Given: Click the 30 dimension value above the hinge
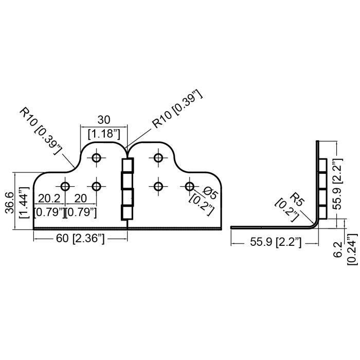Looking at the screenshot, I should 104,119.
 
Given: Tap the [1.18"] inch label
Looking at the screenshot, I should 104,134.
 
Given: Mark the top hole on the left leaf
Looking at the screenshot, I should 96,158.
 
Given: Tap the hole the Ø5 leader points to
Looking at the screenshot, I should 190,186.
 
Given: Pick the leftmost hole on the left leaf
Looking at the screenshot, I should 65,186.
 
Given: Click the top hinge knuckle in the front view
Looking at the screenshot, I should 127,166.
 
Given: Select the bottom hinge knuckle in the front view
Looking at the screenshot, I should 127,212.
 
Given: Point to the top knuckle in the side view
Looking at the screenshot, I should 322,166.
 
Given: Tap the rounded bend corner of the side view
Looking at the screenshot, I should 314,223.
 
